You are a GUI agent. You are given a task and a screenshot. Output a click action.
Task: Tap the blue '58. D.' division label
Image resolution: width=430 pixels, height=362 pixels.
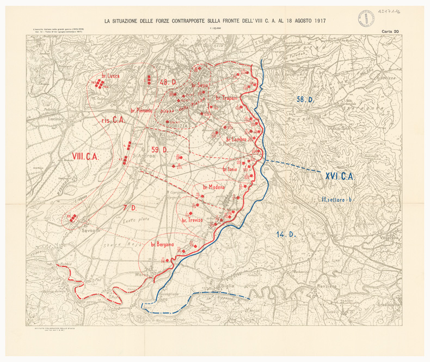coord(306,99)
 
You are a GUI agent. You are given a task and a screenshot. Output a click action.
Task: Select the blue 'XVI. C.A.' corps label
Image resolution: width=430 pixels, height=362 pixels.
coord(340,176)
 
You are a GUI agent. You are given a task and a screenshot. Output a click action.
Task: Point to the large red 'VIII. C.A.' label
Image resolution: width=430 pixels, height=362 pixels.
coord(84,156)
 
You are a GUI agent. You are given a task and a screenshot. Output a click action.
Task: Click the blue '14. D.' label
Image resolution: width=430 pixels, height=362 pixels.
coord(285,234)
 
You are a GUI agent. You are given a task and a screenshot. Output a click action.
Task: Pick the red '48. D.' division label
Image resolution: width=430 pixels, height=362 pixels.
coord(167,82)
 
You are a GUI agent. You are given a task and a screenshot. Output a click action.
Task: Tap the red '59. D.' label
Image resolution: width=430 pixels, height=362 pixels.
coord(159,149)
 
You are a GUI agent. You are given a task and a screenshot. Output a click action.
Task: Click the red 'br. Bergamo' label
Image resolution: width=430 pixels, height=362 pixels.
coord(162,244)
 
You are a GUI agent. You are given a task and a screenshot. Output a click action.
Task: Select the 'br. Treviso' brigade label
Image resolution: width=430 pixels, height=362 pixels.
coord(192,220)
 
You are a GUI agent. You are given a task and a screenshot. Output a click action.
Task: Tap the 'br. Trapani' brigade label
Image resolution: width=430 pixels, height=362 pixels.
coord(227,98)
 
